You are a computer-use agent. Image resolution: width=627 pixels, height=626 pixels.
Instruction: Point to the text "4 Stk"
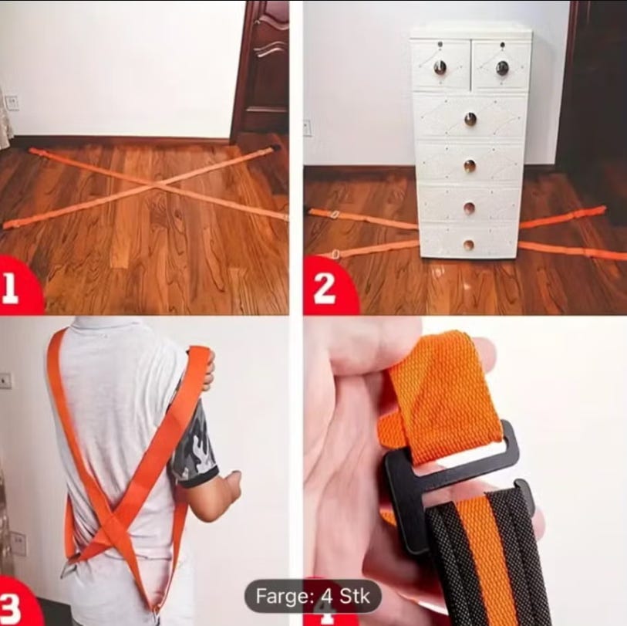tap(346, 597)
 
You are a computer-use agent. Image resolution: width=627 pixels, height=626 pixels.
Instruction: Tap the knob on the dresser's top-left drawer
tap(440, 66)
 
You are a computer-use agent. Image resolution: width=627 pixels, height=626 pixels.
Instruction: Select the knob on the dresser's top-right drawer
tap(503, 68)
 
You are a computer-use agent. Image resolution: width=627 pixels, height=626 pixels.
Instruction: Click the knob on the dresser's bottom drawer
tap(468, 245)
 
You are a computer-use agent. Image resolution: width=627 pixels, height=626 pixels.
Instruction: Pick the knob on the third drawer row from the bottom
tap(470, 166)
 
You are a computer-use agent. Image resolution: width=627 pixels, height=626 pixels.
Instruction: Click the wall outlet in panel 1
tap(13, 103)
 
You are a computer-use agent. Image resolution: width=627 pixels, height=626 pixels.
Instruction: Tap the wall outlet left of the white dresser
tap(307, 128)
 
